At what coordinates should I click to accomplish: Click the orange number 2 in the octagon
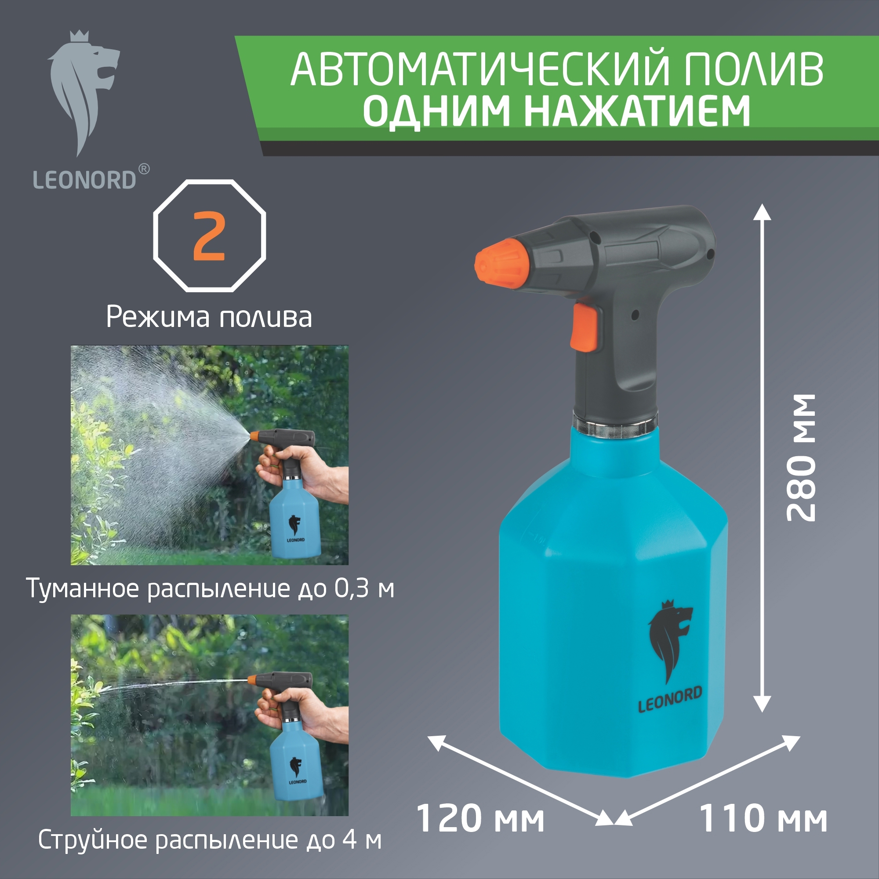click(209, 236)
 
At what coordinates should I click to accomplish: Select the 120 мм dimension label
click(480, 819)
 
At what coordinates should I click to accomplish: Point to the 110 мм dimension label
click(763, 819)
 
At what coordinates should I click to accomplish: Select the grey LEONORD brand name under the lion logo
click(85, 180)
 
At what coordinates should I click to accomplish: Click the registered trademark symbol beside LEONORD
click(143, 169)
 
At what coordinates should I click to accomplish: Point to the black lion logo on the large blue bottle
click(669, 642)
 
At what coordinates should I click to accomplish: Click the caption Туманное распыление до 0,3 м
click(210, 588)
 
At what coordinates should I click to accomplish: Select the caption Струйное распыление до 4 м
click(210, 840)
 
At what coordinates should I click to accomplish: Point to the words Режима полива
click(209, 317)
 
